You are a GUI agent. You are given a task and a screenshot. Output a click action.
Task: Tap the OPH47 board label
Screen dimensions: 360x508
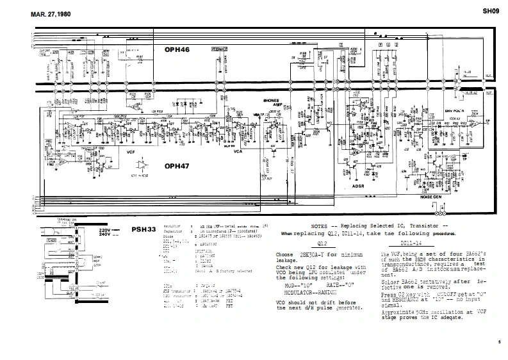(180, 166)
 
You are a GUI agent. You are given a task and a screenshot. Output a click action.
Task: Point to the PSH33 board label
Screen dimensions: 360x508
(143, 229)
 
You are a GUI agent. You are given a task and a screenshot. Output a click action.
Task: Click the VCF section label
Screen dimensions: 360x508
(131, 152)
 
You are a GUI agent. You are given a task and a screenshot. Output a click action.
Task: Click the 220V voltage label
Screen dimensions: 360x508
(106, 228)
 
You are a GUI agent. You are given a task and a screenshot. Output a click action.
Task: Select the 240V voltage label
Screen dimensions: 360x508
(106, 235)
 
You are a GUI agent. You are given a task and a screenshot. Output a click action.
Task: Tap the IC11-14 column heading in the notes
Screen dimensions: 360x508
(410, 245)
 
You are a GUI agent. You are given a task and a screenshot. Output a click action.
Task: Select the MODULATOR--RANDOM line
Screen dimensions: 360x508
(310, 290)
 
